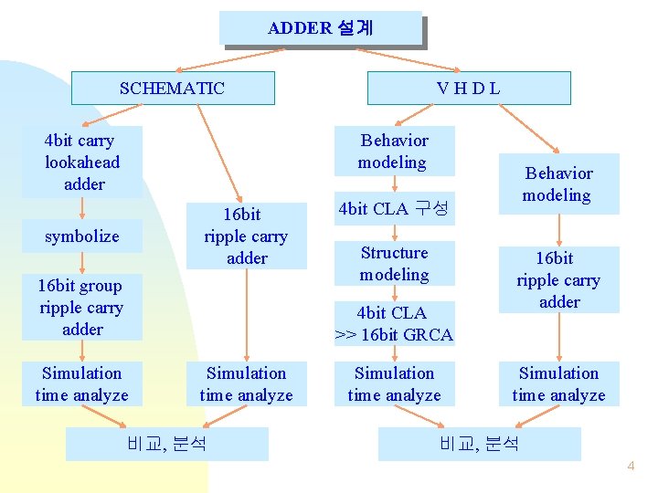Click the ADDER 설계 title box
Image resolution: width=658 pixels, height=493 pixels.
point(321,28)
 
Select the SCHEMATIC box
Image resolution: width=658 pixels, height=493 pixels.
point(173,89)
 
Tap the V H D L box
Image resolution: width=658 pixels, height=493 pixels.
point(468,89)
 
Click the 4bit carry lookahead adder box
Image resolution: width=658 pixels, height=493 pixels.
point(82,163)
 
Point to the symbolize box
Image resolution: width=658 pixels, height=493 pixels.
point(82,236)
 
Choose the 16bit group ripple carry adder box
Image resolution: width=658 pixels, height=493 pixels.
point(82,308)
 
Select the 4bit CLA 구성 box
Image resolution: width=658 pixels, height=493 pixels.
point(393,208)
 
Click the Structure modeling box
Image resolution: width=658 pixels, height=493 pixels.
point(394,264)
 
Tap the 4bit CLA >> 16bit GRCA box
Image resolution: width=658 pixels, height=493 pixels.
point(394,324)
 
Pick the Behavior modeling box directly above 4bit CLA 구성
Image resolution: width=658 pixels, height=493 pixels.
point(394,152)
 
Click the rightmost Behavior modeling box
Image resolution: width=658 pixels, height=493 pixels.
point(558,184)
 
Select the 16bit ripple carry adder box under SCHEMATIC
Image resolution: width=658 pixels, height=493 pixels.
point(246,236)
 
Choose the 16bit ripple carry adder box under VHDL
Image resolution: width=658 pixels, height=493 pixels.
point(558,280)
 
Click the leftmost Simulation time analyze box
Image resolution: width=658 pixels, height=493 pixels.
point(82,384)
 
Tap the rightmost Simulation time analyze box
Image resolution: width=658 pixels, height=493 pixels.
point(558,384)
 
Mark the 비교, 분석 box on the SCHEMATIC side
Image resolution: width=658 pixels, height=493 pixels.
point(168,445)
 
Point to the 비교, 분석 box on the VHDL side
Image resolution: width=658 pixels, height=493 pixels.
point(480,445)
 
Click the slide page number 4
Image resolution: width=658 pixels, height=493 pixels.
point(630,467)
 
